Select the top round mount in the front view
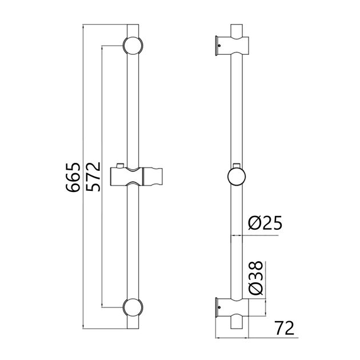pyautogui.click(x=131, y=45)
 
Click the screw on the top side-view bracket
pyautogui.click(x=218, y=46)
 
